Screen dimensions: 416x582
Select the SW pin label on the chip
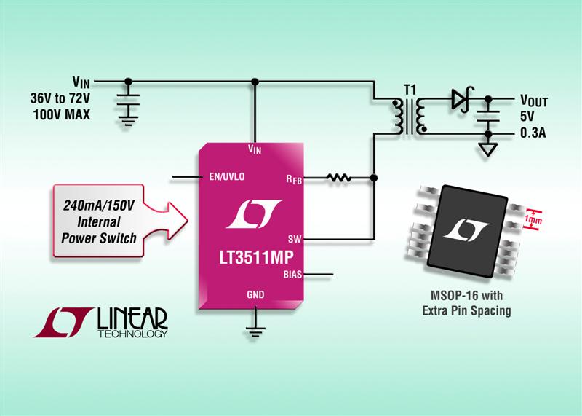[x=295, y=238]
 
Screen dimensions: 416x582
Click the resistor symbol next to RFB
[x=340, y=177]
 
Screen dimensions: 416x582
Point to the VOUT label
[x=536, y=98]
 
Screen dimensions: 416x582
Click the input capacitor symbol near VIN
[x=128, y=103]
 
